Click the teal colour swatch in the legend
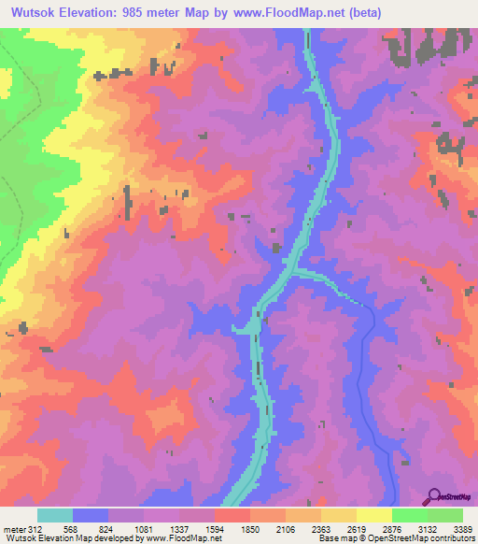pyautogui.click(x=55, y=514)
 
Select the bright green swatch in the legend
pyautogui.click(x=410, y=514)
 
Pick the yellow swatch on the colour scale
pyautogui.click(x=374, y=514)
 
